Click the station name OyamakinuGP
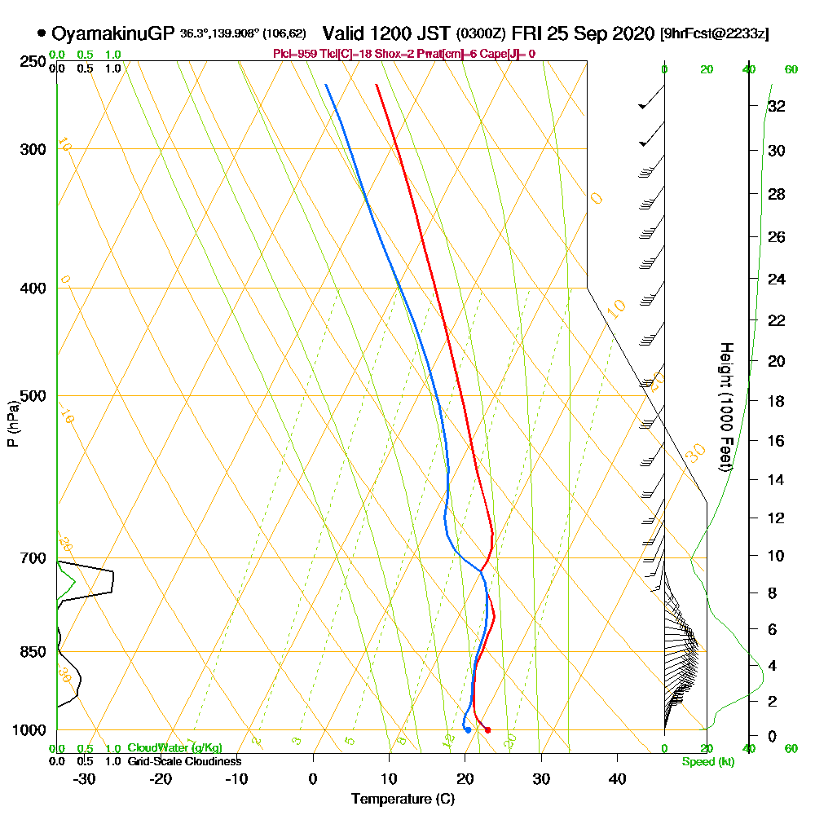(112, 33)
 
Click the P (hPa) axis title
(12, 423)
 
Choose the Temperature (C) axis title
(403, 799)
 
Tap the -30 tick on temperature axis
(85, 778)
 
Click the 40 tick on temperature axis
(617, 778)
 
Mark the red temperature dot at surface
(487, 729)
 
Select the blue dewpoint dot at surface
(468, 729)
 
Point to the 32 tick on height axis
(777, 106)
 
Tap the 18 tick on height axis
(777, 401)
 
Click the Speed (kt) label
(707, 761)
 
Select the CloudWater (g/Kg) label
(174, 748)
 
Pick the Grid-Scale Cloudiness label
(184, 761)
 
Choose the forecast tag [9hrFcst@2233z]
(715, 34)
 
